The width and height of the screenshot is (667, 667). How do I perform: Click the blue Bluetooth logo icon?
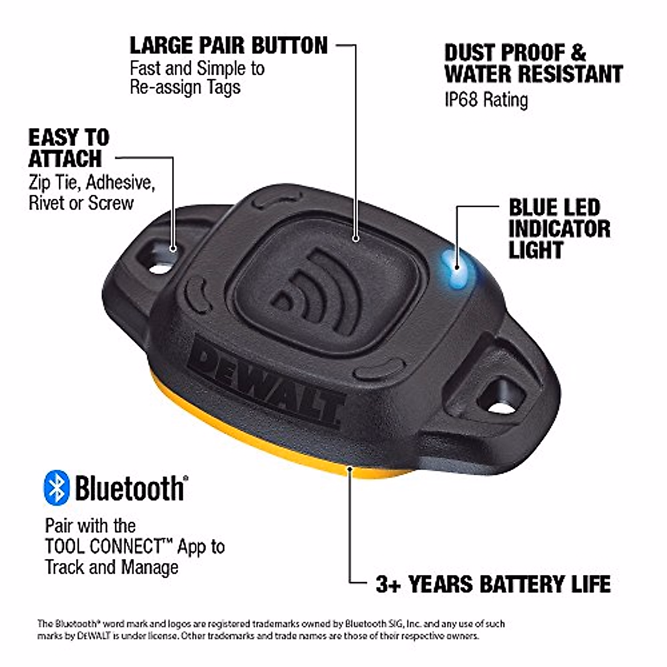57,487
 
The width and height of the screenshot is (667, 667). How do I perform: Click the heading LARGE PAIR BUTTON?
228,46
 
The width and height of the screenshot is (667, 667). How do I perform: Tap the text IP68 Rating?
486,100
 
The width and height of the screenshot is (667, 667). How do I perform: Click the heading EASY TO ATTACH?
68,148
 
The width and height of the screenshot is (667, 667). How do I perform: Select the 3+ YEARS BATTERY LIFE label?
493,584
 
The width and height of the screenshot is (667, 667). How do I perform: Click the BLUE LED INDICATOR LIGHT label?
559,228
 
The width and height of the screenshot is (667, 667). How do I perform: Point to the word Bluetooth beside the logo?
129,488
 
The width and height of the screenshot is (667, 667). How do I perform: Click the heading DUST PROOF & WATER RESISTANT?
532,63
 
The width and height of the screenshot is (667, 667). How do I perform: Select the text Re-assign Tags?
185,87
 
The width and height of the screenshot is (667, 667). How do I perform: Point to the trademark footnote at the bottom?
271,629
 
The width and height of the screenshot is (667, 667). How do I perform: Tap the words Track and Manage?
112,567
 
